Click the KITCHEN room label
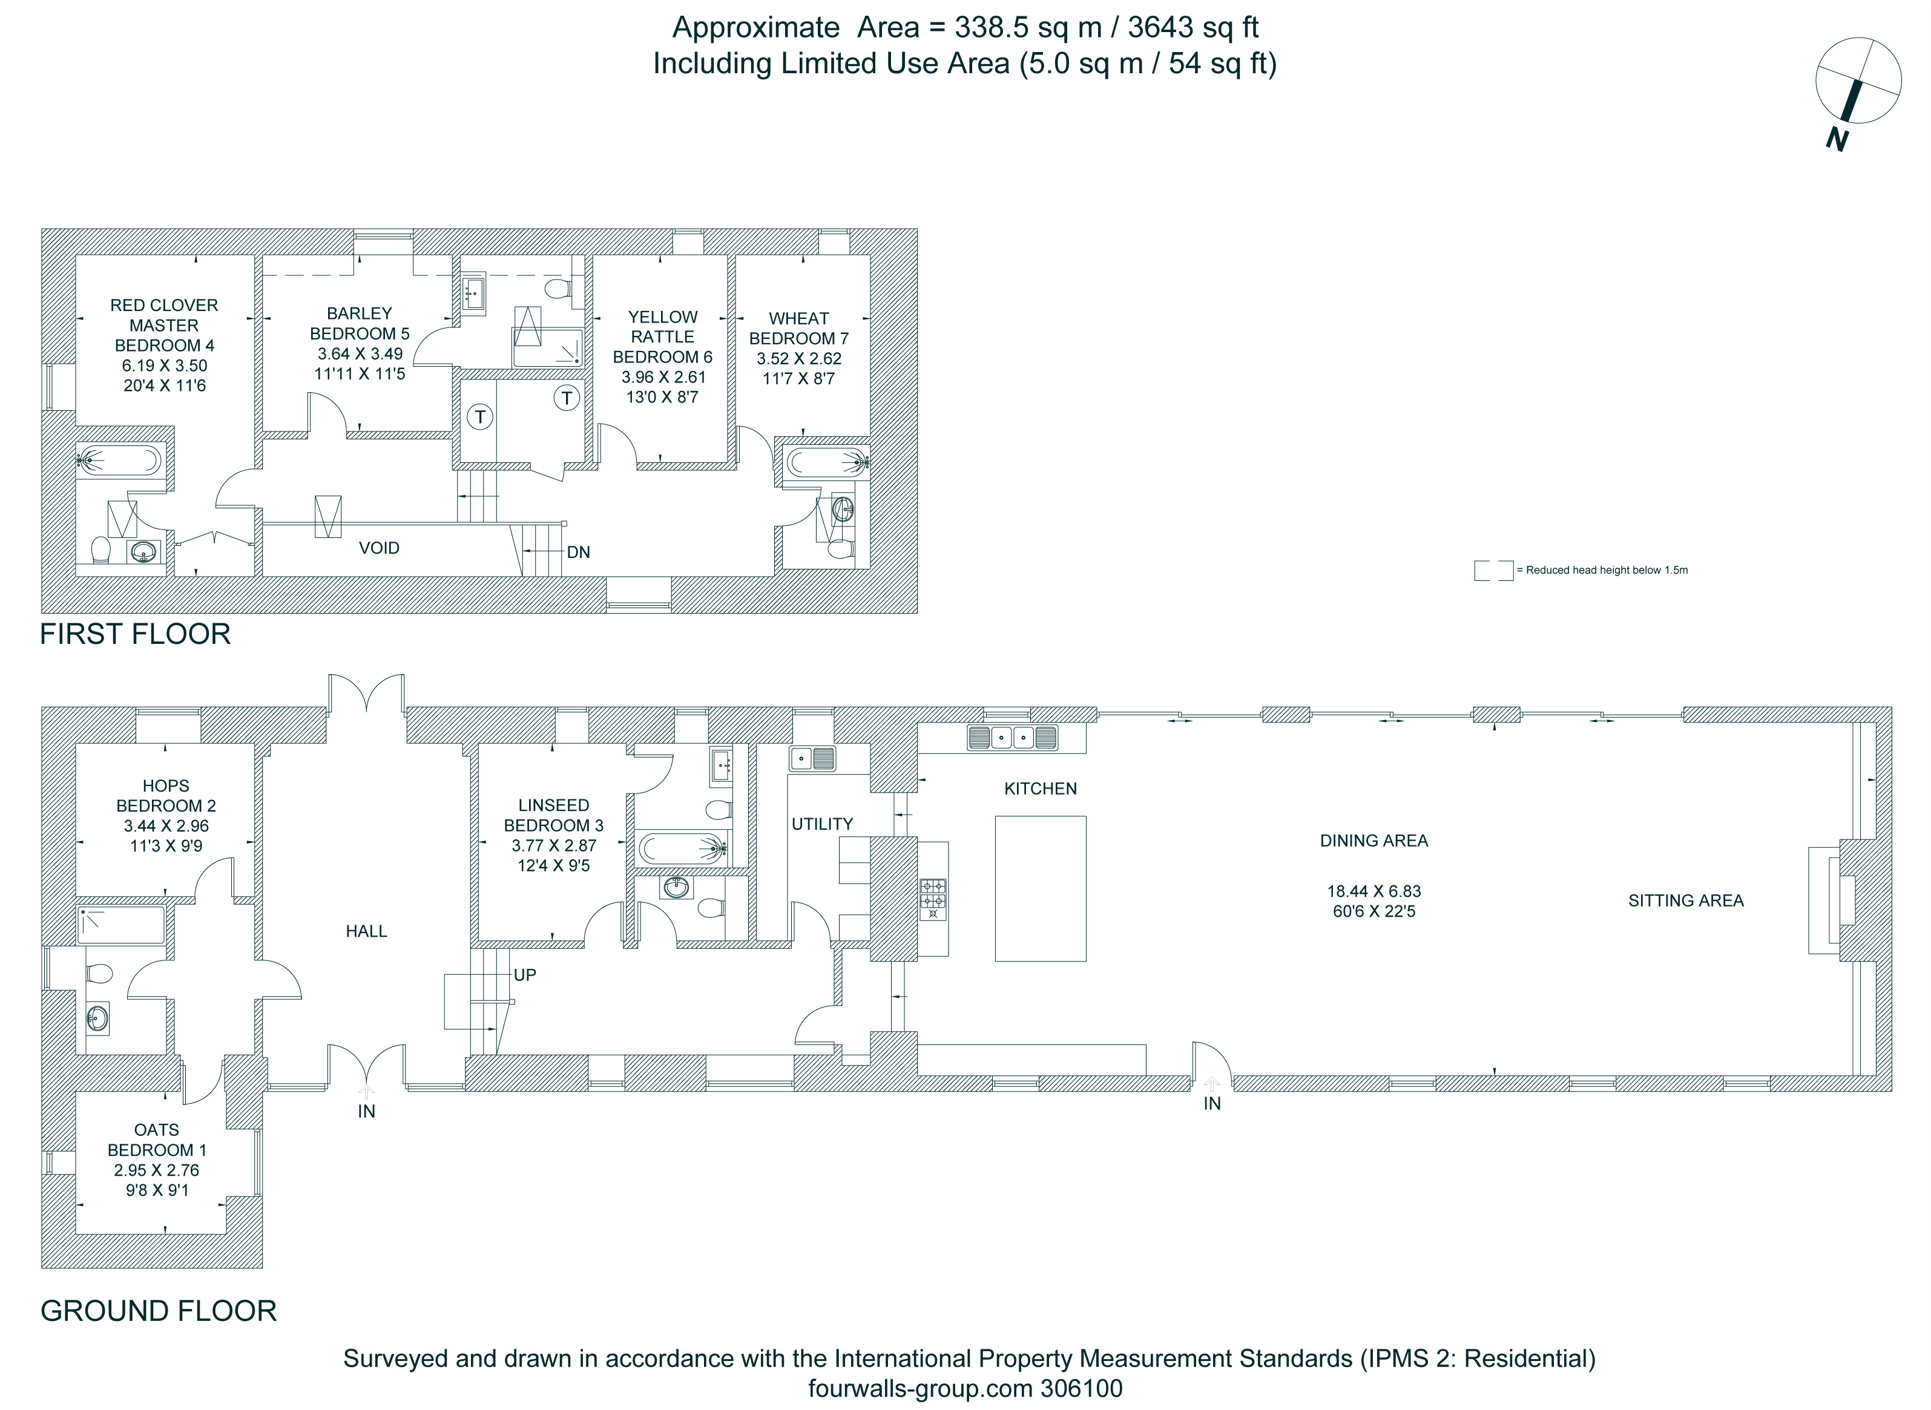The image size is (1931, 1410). pos(1040,789)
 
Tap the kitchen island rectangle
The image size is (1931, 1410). pos(1041,888)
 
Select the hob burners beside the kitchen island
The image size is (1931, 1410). pos(932,900)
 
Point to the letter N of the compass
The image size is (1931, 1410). pos(1838,139)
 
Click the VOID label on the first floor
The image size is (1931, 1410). pos(379,548)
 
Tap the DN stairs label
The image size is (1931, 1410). pos(578,553)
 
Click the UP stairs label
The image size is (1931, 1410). pos(524,975)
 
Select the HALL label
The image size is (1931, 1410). pos(366,931)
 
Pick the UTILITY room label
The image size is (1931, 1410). pos(822,824)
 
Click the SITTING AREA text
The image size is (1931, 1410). pos(1685,900)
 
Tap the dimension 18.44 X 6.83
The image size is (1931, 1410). pos(1373,891)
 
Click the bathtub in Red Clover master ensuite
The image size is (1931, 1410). pos(119,461)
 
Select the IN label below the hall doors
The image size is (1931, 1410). pos(366,1111)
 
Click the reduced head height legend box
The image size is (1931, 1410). pos(1493,570)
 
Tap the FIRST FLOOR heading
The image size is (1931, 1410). pos(136,634)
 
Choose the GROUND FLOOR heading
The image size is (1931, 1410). pos(159,1311)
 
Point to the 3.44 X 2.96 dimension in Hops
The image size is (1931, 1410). pos(166,826)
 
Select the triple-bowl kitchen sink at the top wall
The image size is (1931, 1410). pos(1013,738)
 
